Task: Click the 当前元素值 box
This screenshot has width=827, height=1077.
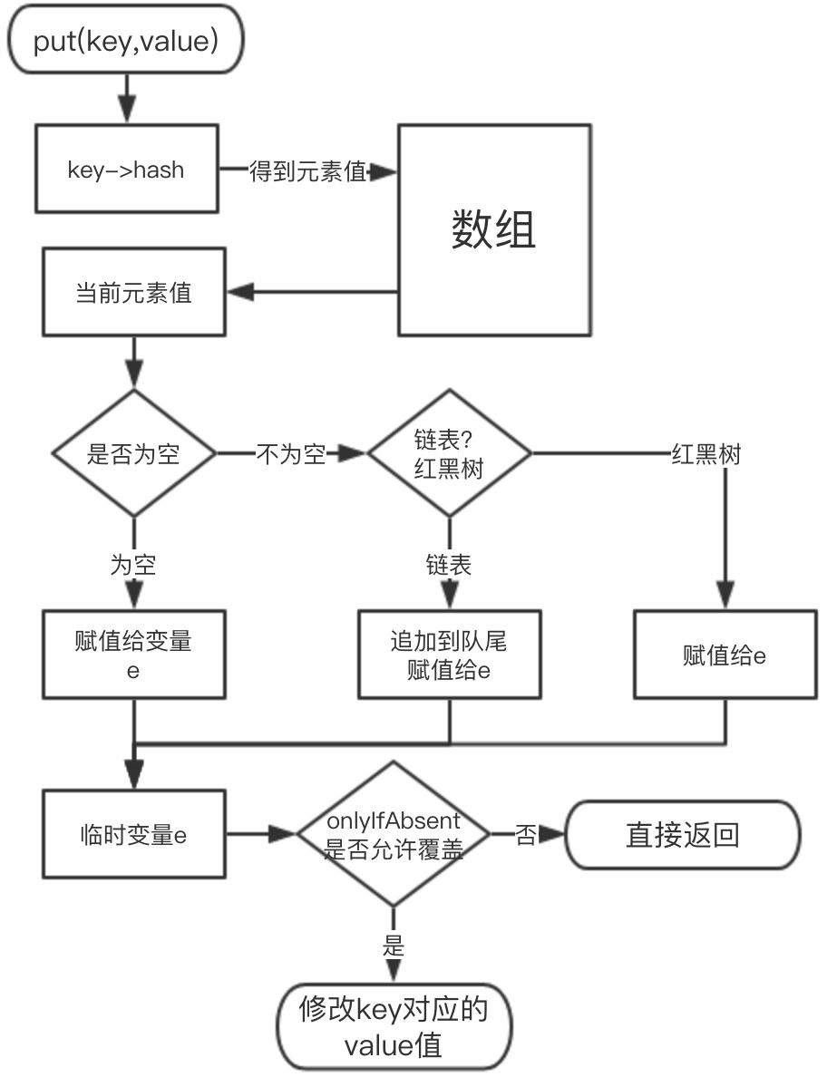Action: click(132, 292)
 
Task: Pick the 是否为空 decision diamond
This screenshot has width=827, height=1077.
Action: click(133, 453)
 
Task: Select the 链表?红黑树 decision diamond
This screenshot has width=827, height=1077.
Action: click(450, 453)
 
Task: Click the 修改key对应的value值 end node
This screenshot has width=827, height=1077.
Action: click(393, 1027)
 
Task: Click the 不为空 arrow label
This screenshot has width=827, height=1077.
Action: click(290, 453)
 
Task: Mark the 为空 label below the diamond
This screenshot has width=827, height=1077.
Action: click(133, 565)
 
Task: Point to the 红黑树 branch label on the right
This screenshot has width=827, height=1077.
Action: click(705, 453)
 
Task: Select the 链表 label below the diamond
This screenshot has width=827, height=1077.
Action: click(449, 565)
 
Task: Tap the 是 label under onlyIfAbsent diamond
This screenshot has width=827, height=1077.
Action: click(393, 946)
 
